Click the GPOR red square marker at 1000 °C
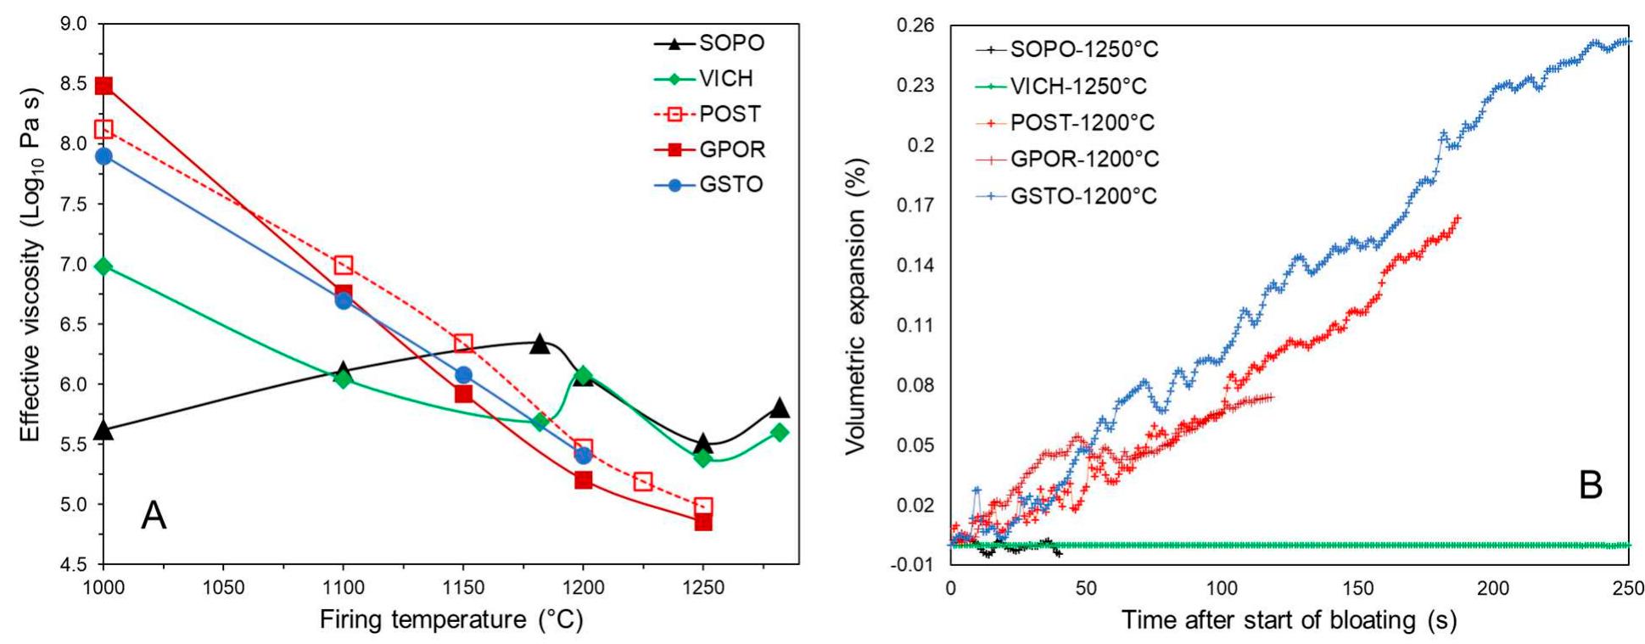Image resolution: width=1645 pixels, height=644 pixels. point(104,86)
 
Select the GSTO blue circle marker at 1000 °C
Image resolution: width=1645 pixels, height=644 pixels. point(104,156)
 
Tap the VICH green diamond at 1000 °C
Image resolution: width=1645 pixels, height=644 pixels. point(104,266)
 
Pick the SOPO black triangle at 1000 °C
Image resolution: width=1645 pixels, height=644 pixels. point(104,430)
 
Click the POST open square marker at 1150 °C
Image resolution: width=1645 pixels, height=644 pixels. point(463,344)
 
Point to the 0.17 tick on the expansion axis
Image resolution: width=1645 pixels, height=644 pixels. point(915,205)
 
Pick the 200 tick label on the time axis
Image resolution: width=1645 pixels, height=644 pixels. point(1493,587)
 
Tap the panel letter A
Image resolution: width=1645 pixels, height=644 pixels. point(154,515)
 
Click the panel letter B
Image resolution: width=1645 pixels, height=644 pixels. point(1591,485)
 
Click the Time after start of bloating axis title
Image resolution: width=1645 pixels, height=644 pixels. point(1289,620)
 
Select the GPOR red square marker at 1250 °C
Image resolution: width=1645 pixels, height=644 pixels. point(703,522)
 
